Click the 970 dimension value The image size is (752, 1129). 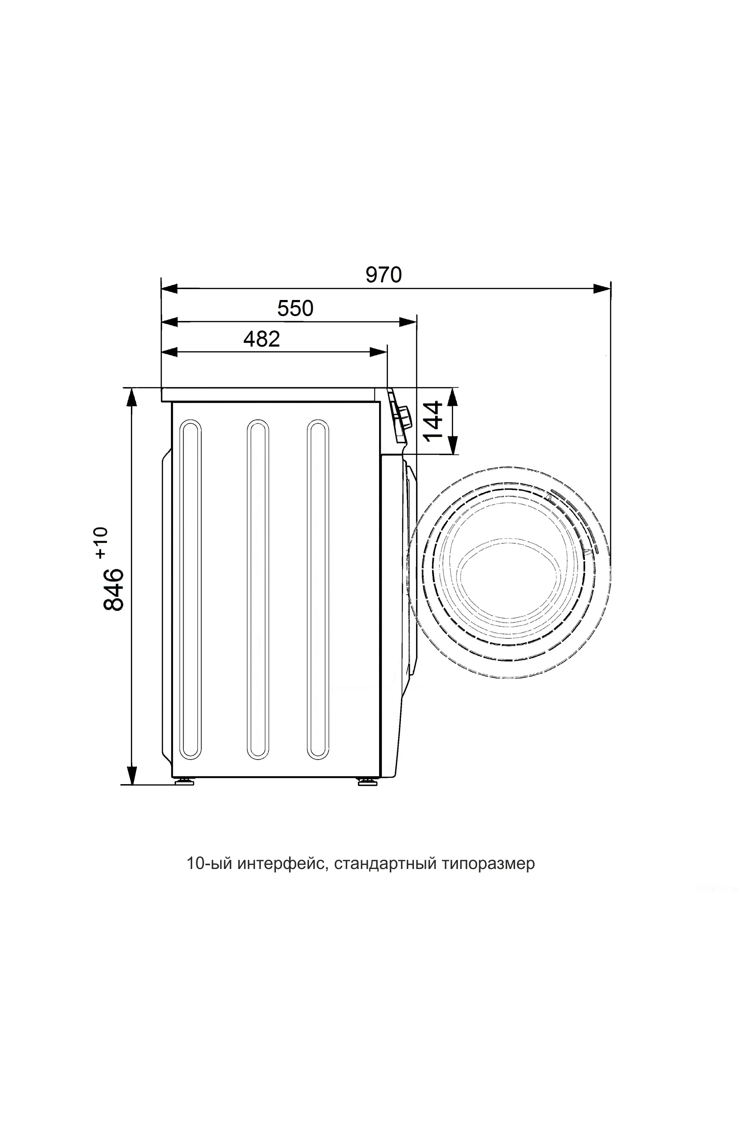(x=383, y=275)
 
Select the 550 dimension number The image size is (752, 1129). (x=295, y=308)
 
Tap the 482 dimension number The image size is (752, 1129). (x=261, y=339)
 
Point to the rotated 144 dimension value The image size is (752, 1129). (x=433, y=421)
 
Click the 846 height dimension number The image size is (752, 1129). (x=114, y=589)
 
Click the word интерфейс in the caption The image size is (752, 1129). (x=282, y=864)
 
